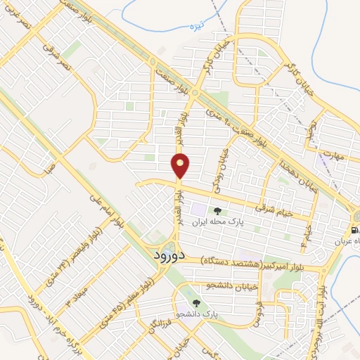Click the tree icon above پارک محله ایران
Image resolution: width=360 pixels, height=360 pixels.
click(217, 209)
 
